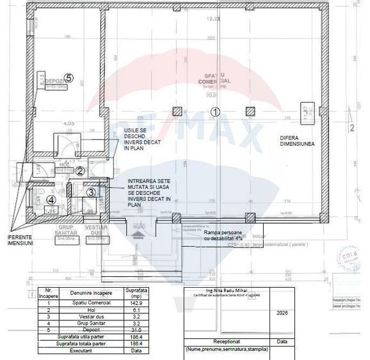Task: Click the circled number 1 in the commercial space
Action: pyautogui.click(x=215, y=111)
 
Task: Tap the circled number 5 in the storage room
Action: pyautogui.click(x=69, y=78)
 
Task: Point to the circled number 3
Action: pyautogui.click(x=91, y=191)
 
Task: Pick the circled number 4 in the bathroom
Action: pyautogui.click(x=51, y=199)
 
